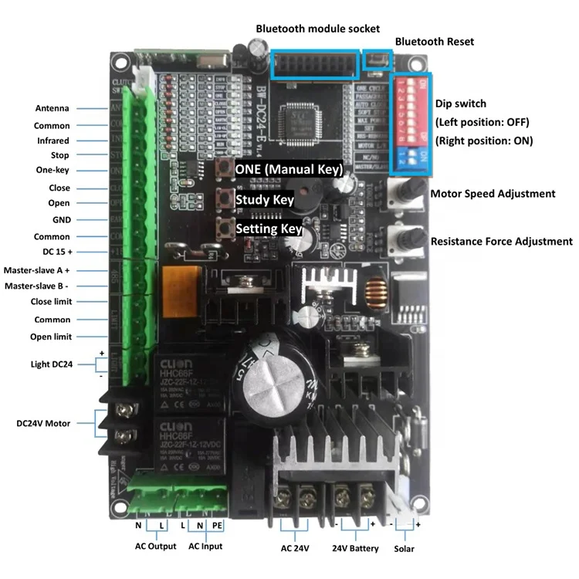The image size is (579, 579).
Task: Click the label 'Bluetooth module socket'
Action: click(318, 28)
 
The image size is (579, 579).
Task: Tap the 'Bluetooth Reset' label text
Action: click(434, 41)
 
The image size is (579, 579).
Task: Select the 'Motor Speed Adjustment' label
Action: click(493, 194)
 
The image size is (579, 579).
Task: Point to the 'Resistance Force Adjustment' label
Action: click(501, 241)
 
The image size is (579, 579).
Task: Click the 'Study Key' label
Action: click(264, 199)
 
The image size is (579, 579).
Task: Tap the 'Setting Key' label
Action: click(267, 229)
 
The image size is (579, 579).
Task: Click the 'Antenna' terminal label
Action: click(52, 108)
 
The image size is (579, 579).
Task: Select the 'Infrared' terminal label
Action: click(52, 141)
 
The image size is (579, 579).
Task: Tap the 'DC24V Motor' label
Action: click(44, 423)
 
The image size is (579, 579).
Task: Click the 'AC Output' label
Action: click(151, 546)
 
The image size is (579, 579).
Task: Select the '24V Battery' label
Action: click(355, 548)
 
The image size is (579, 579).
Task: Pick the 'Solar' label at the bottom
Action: click(403, 549)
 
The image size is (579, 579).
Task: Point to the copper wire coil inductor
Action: click(376, 294)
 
